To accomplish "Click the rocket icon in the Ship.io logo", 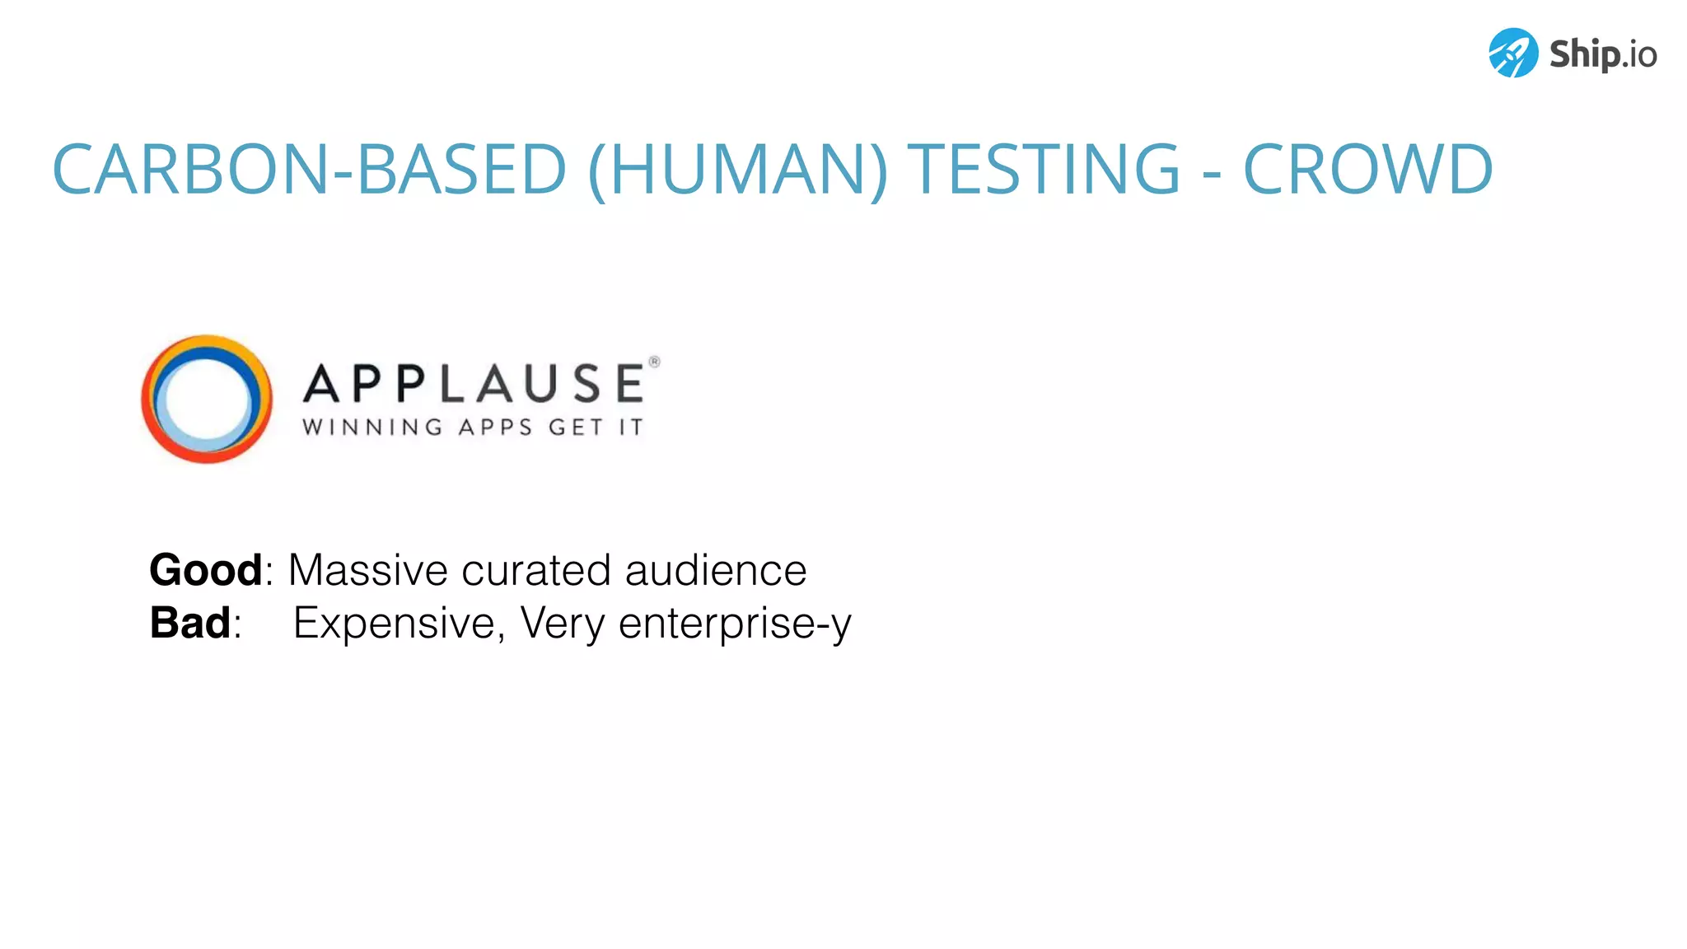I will tap(1513, 53).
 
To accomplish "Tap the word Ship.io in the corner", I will tap(1602, 54).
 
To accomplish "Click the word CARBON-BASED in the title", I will tap(309, 169).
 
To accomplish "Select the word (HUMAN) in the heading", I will tap(738, 169).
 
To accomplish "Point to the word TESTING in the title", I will tap(1044, 169).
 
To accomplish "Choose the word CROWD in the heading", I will tap(1367, 169).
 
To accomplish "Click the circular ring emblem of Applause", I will tap(207, 400).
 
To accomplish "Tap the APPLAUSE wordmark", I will tap(474, 384).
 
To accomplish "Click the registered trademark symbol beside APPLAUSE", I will tap(655, 362).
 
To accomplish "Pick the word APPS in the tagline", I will tap(495, 427).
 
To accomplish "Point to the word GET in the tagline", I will tap(576, 427).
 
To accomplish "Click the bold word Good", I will tap(205, 570).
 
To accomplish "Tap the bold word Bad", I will tap(189, 623).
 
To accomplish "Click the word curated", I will tap(535, 570).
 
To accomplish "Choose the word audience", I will tap(716, 570).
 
